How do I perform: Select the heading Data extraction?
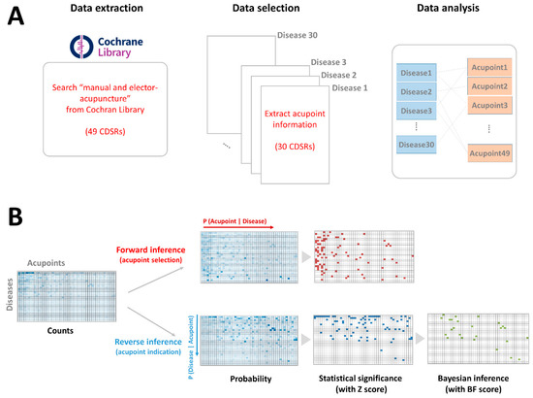tap(93, 11)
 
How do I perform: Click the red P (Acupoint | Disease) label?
tap(245, 219)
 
